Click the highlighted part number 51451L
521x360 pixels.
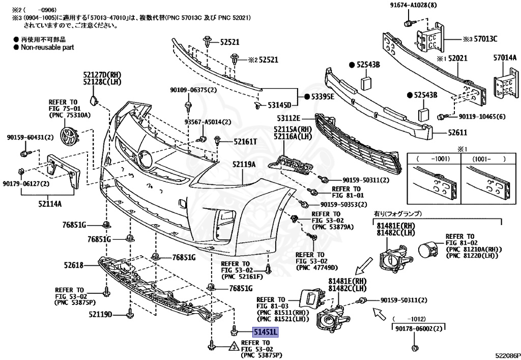pos(266,332)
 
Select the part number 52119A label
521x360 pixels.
pos(244,164)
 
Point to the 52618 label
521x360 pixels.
pos(74,265)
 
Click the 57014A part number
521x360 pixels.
pos(505,58)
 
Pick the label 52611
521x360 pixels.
pos(457,132)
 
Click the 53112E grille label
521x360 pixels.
pos(288,118)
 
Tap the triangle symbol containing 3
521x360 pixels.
pos(234,347)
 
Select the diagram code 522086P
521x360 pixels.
pos(508,355)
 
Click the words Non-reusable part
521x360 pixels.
pos(47,47)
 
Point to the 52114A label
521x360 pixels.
pos(50,204)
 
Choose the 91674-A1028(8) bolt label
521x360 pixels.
pos(413,5)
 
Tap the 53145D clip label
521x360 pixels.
pos(279,105)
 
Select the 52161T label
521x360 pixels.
pos(245,142)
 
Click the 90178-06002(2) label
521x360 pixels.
pos(419,328)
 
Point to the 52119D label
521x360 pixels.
pos(100,314)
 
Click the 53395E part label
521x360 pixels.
pos(323,97)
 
